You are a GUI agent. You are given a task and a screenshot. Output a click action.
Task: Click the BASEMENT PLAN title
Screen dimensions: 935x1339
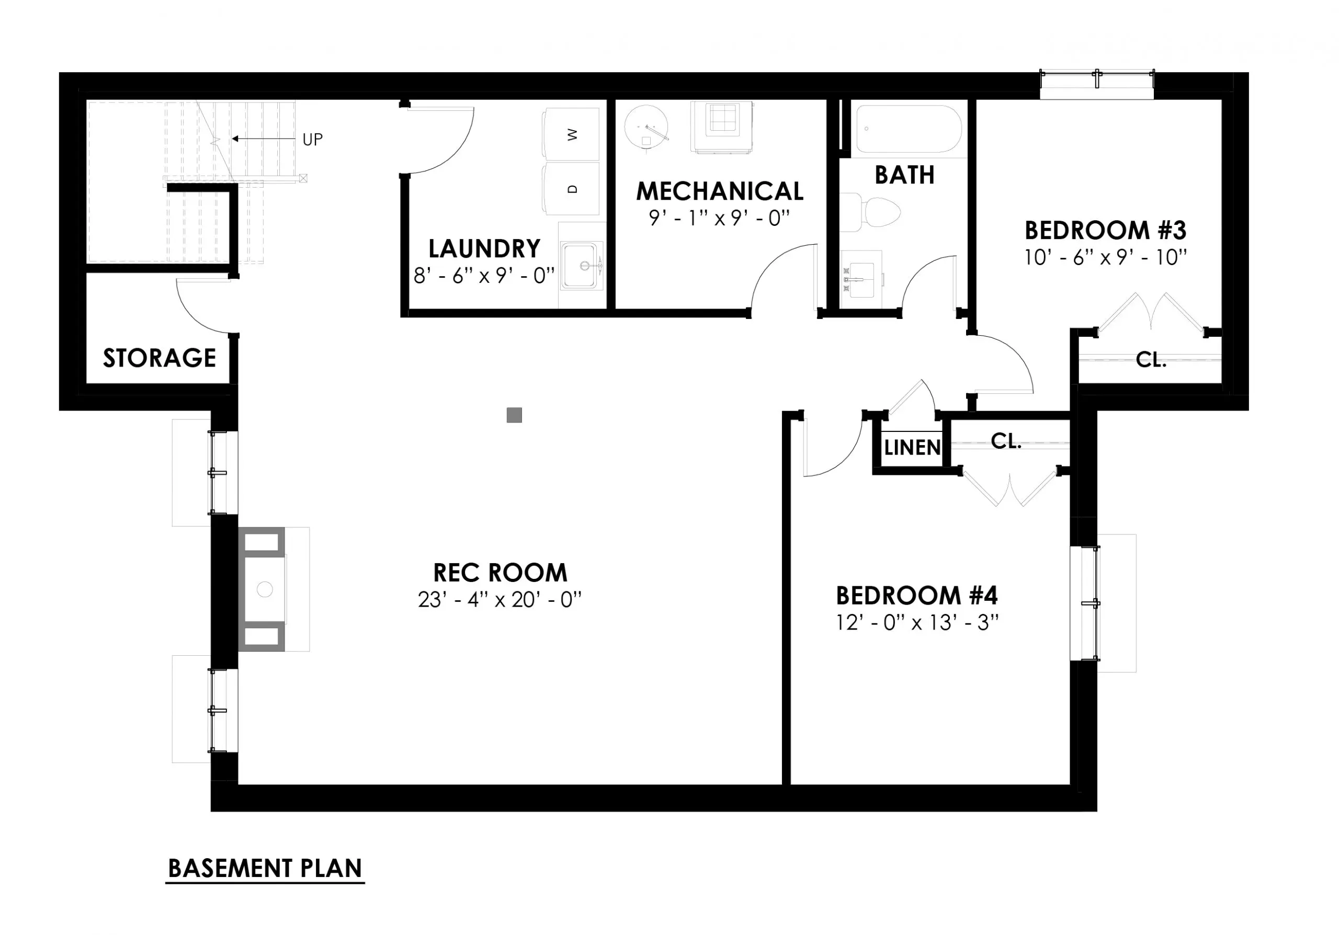pyautogui.click(x=265, y=869)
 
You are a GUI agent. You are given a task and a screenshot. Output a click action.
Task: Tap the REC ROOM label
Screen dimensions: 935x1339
pyautogui.click(x=500, y=573)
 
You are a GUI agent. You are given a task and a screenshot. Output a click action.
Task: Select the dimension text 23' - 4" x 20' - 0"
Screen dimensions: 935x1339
pyautogui.click(x=500, y=600)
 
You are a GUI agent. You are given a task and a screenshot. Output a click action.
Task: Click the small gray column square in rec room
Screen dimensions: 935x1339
pyautogui.click(x=514, y=415)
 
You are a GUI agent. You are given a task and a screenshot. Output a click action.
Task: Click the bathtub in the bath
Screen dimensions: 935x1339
pyautogui.click(x=907, y=129)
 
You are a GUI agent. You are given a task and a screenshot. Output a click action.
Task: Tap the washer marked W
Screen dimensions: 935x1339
pyautogui.click(x=572, y=134)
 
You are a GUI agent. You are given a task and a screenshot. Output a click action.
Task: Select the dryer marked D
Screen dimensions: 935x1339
pyautogui.click(x=572, y=189)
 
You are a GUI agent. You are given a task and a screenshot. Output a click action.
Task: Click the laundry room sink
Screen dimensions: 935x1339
pyautogui.click(x=581, y=266)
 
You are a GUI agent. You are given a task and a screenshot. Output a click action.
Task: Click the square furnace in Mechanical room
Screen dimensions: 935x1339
pyautogui.click(x=721, y=127)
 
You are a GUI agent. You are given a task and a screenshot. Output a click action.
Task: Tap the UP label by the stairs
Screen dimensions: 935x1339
pyautogui.click(x=312, y=139)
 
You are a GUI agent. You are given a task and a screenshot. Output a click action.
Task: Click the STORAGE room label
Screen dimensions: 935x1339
pyautogui.click(x=159, y=358)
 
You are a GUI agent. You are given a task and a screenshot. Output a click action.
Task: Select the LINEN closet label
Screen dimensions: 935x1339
pyautogui.click(x=912, y=448)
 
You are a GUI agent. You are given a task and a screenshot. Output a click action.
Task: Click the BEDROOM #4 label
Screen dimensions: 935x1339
pyautogui.click(x=917, y=595)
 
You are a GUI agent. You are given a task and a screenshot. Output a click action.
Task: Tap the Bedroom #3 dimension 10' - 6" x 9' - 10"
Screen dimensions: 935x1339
pyautogui.click(x=1105, y=258)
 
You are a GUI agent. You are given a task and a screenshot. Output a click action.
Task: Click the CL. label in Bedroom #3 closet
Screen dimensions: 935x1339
pyautogui.click(x=1151, y=360)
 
